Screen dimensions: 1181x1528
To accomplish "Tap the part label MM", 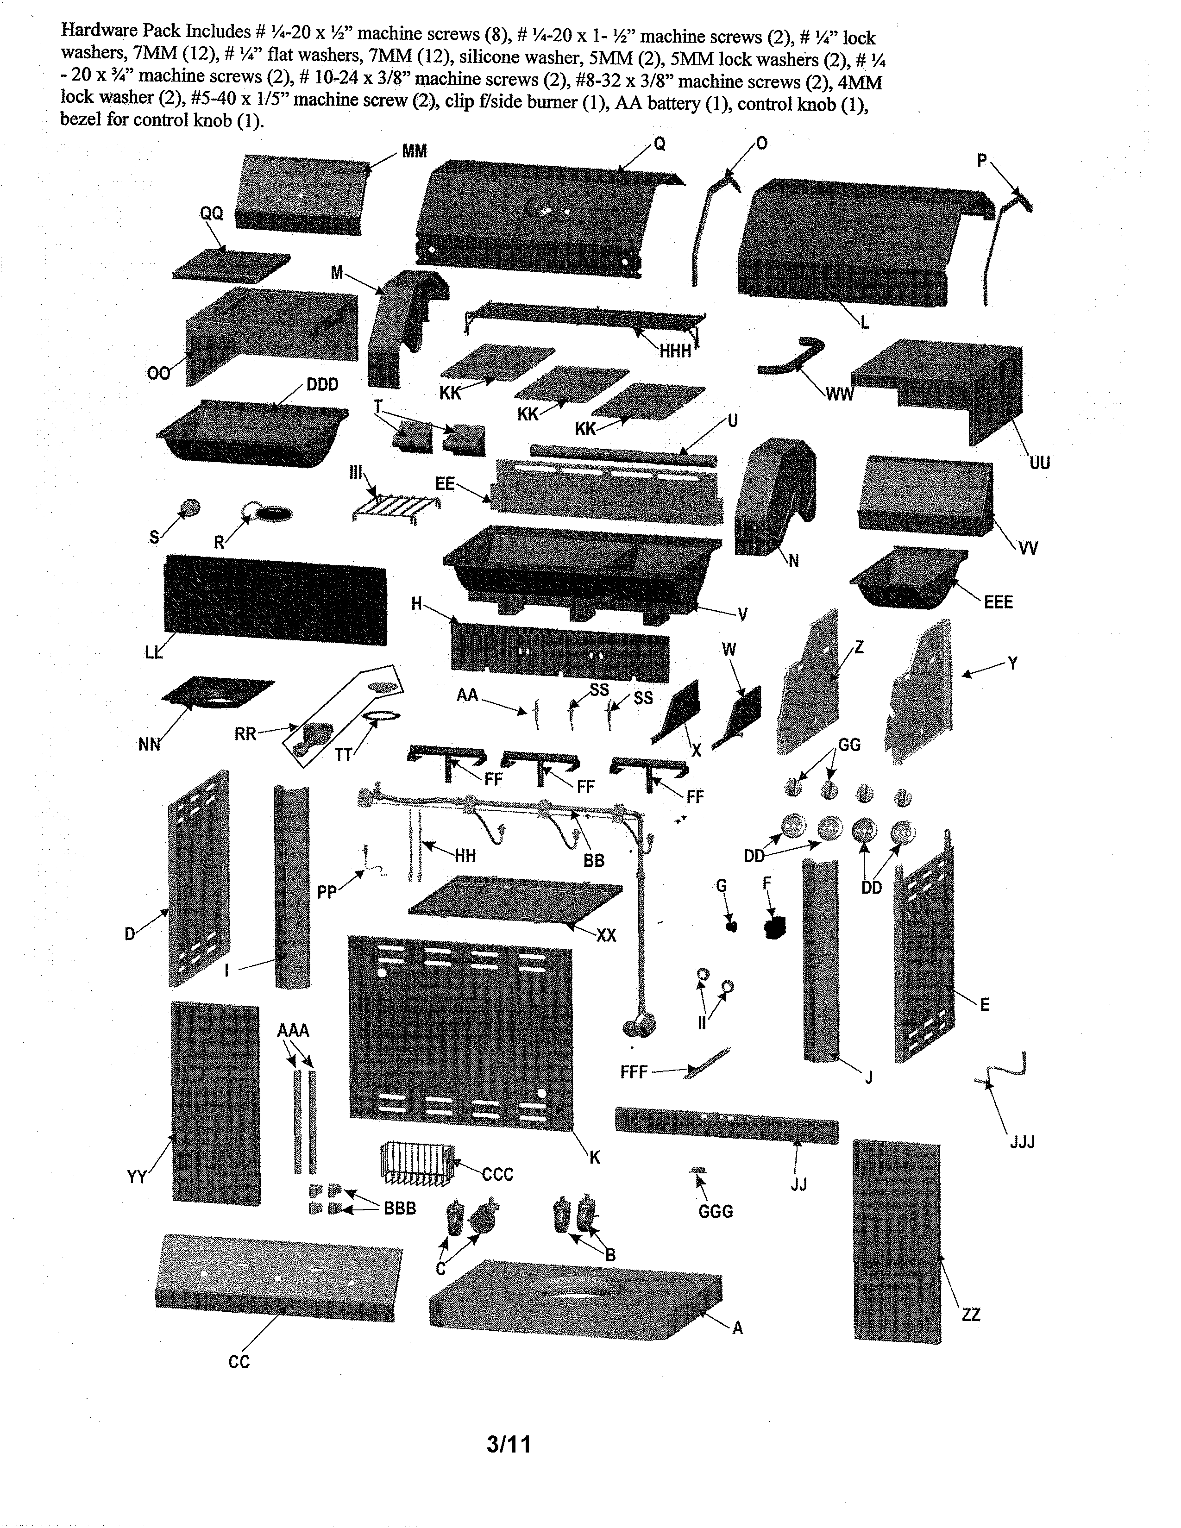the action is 414,151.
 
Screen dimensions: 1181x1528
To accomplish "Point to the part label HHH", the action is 675,351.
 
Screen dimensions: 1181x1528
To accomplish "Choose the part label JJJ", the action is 1022,1142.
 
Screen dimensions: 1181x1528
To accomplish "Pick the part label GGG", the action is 716,1211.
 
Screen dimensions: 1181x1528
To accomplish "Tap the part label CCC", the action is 497,1174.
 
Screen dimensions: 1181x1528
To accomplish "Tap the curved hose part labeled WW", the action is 791,356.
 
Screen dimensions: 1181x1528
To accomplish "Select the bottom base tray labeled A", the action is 575,1298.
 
